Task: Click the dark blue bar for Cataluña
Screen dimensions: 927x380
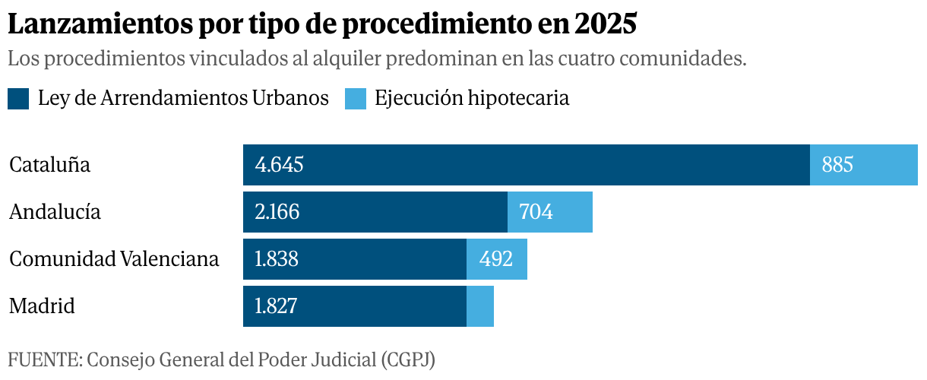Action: point(527,165)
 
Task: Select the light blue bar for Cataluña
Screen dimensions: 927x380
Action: point(864,165)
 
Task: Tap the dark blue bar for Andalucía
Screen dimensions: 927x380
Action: point(375,212)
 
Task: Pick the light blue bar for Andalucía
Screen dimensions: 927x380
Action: point(550,212)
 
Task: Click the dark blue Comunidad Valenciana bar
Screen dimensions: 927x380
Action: point(355,259)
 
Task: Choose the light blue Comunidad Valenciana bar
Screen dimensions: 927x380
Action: point(497,259)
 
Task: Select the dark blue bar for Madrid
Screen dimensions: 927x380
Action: point(355,306)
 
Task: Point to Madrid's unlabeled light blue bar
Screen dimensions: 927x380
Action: point(480,306)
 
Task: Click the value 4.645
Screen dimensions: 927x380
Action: point(279,165)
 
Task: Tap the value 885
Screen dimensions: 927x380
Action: point(837,165)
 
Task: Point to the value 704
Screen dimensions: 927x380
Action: point(536,212)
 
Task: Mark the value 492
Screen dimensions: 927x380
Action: point(495,259)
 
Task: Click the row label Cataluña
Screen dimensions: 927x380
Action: point(49,165)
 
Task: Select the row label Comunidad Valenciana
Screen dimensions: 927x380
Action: point(114,259)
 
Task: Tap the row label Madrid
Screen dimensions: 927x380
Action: point(42,306)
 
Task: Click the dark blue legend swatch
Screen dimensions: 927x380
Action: point(18,99)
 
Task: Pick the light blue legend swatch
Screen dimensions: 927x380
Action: point(356,99)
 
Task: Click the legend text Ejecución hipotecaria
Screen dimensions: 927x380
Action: point(472,99)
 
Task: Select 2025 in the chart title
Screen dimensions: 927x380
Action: point(606,24)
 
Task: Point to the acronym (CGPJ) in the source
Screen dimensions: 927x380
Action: point(408,359)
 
